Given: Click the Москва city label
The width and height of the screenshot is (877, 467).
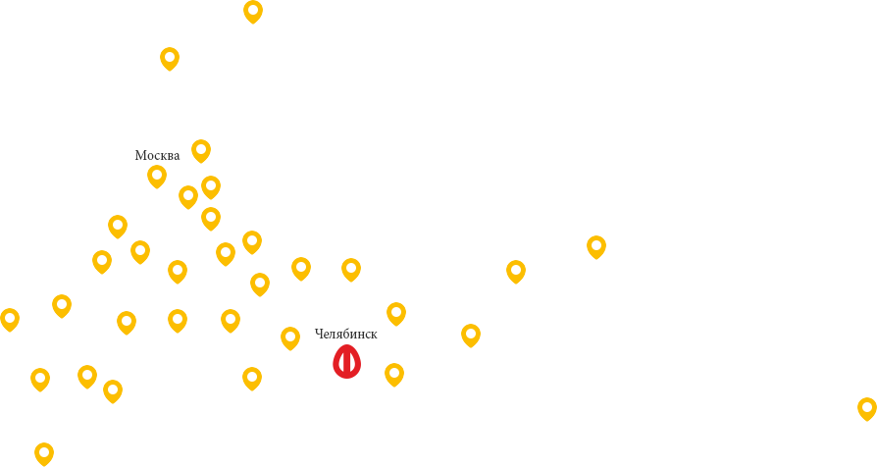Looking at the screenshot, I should point(157,155).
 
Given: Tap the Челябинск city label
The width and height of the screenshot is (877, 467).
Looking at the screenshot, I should point(345,334).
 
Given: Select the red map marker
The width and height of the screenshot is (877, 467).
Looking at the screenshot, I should point(346,361).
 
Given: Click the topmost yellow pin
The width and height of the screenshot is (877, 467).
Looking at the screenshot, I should point(253,11).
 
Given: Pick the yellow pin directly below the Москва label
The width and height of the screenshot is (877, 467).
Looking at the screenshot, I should point(157,176).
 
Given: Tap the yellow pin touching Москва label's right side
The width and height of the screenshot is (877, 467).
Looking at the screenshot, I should point(201,150).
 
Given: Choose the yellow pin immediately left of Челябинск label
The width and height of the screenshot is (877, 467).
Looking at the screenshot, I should point(290,337).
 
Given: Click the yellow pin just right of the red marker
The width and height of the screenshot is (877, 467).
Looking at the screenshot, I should point(394,374).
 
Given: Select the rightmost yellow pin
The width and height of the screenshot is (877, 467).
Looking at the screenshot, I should point(867,408).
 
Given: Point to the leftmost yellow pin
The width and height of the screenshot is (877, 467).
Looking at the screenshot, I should point(10,319).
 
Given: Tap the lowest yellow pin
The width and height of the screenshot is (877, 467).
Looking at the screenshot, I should point(44,453).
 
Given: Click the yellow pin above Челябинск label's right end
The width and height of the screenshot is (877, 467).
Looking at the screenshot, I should point(396,313).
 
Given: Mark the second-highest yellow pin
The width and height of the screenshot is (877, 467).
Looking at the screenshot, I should point(170,58).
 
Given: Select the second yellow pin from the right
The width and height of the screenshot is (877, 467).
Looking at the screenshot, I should point(596,246).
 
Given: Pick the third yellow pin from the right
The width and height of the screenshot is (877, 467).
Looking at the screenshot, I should point(516,271).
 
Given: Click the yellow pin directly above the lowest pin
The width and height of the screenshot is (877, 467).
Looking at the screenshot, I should point(40,379).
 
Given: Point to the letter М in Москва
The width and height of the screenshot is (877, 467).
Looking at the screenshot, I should point(139,155).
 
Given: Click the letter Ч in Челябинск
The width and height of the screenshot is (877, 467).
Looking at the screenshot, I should point(319,334).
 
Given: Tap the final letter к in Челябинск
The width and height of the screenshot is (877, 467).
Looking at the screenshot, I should point(373,334).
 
